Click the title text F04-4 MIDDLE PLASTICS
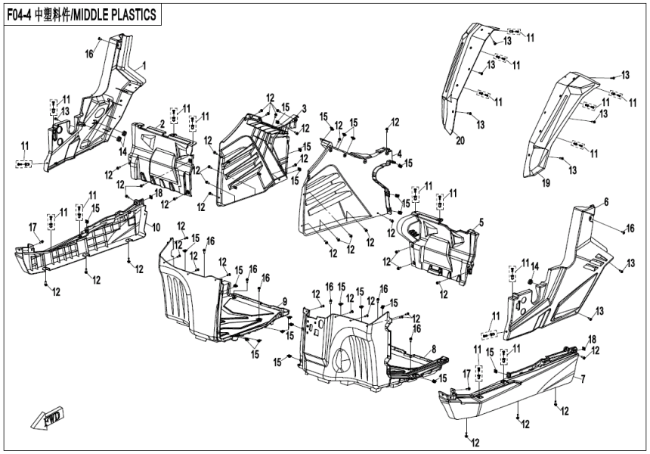point(84,14)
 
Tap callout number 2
point(162,123)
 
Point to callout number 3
point(303,108)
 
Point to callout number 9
point(285,302)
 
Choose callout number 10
point(156,227)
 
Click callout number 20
point(458,141)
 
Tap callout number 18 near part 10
point(159,194)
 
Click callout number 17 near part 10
point(32,227)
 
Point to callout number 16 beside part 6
point(630,228)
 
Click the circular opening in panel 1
point(97,115)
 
